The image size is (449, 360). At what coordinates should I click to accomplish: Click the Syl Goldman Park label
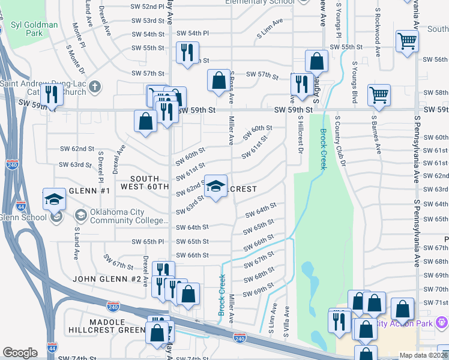[34, 29]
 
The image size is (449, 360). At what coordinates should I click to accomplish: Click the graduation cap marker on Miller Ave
[216, 186]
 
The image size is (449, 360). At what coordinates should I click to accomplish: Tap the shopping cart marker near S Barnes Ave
[379, 94]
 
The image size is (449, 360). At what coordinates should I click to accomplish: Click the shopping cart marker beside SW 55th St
[407, 42]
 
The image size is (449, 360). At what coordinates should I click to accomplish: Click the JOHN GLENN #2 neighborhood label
[107, 279]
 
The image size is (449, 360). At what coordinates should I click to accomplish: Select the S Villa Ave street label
[287, 321]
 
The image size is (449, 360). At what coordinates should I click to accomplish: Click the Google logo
[20, 353]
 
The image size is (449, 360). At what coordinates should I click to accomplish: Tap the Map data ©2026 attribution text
[423, 355]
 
